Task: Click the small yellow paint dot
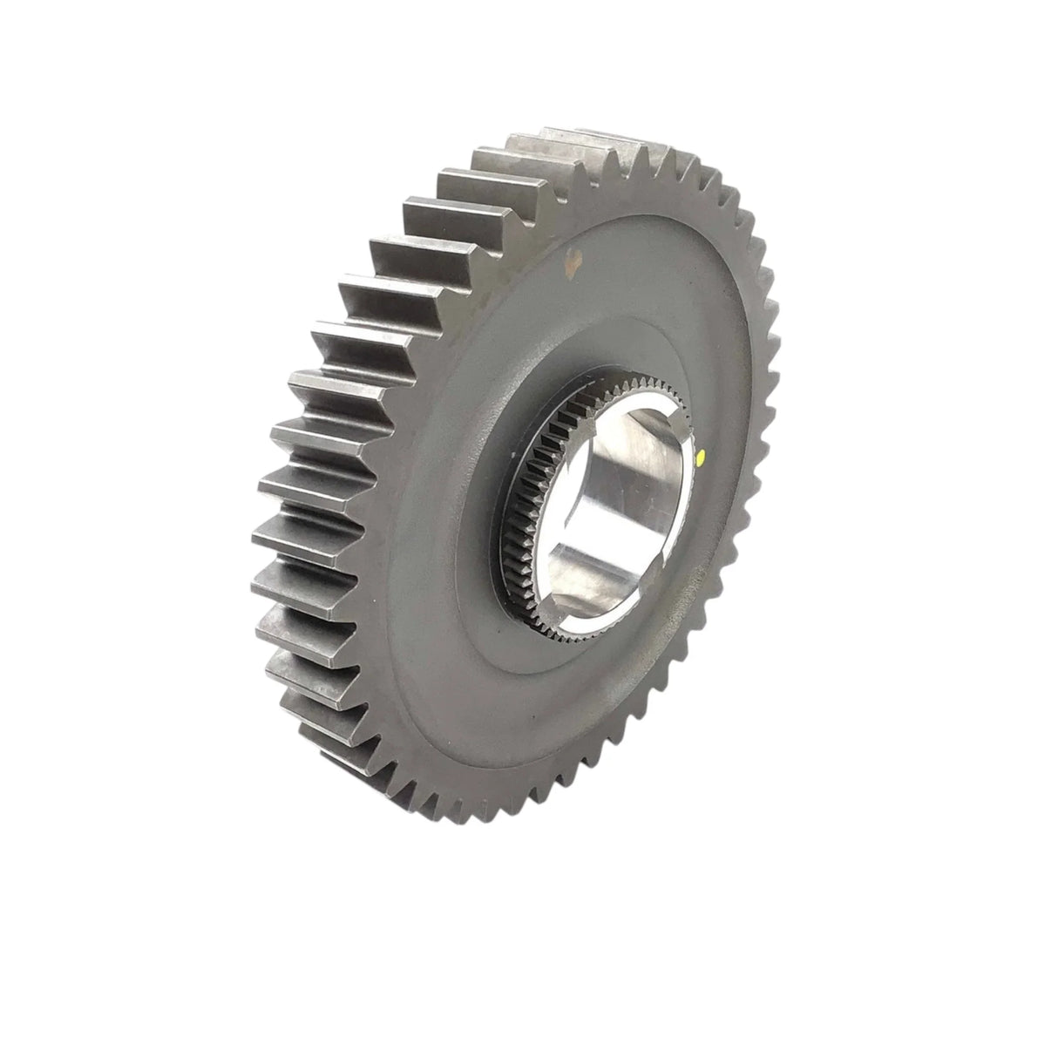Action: click(x=702, y=453)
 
